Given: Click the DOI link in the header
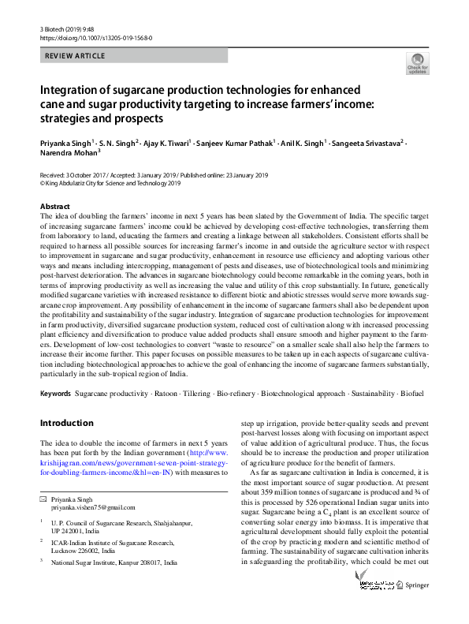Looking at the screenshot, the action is [x=96, y=37].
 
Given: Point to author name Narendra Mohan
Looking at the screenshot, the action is [x=66, y=155].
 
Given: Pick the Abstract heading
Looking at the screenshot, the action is [x=55, y=205].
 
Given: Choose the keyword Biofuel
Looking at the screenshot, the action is [x=411, y=393].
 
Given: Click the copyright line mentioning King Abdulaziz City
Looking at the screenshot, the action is [x=110, y=183].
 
